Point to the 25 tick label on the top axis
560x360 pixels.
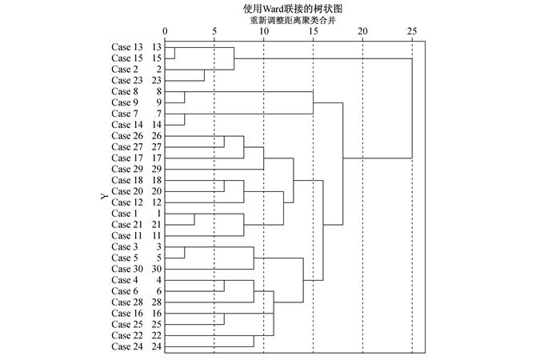[x=412, y=32]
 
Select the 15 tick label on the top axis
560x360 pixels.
[x=313, y=32]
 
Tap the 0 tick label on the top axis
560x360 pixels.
[x=166, y=32]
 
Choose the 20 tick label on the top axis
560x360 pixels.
[x=362, y=32]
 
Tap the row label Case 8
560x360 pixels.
[x=127, y=92]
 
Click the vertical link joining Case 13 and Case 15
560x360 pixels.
[x=175, y=54]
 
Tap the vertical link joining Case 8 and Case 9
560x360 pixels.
[x=185, y=98]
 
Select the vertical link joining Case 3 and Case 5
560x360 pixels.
[x=185, y=253]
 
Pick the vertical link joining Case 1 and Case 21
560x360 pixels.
[x=194, y=220]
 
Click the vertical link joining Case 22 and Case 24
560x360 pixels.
[x=254, y=342]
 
